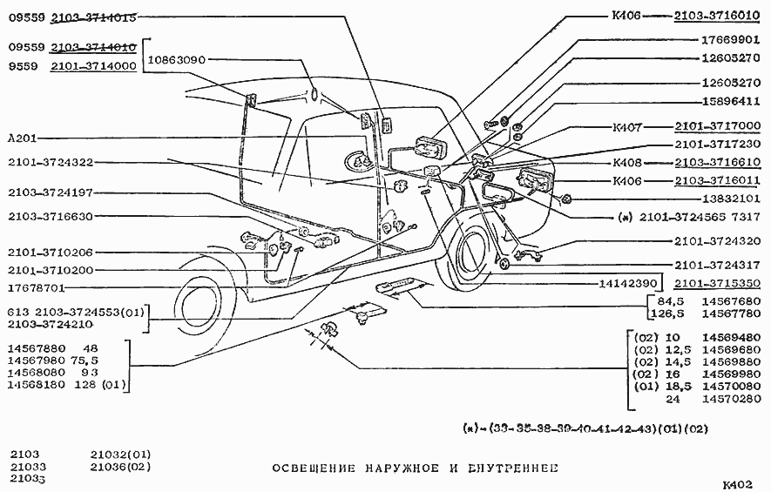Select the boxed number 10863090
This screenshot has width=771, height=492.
coord(176,60)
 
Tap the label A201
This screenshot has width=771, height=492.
coord(22,138)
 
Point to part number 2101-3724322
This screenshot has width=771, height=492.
coord(51,162)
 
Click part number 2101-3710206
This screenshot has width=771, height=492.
coord(51,253)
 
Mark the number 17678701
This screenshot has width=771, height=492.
coord(37,286)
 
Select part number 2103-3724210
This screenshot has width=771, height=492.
coord(51,324)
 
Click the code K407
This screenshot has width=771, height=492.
coord(628,126)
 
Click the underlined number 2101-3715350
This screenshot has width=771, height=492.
coord(717,283)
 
